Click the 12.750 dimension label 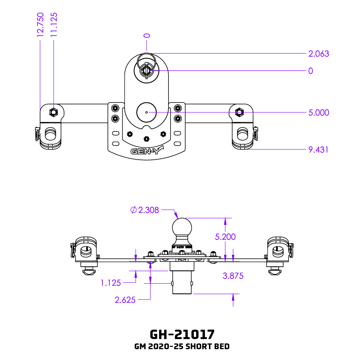(40, 24)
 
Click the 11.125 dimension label (54, 24)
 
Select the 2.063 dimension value (318, 54)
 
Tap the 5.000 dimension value (318, 113)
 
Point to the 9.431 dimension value (318, 150)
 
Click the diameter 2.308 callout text (145, 210)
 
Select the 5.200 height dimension (225, 237)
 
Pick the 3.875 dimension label (233, 276)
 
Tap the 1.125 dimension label (111, 283)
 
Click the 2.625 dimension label (125, 300)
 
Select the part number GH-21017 (182, 334)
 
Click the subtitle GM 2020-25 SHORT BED (182, 346)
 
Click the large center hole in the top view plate (146, 112)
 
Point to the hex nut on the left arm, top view (53, 112)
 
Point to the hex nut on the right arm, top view (239, 112)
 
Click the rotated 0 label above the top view (147, 35)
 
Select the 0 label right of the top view (310, 71)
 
